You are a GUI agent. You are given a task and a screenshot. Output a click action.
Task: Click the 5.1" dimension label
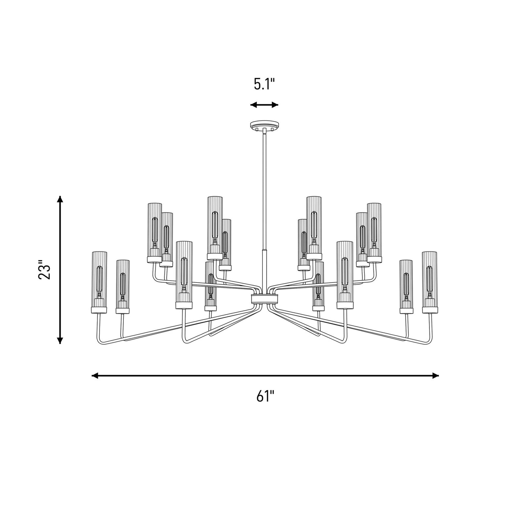point(264,84)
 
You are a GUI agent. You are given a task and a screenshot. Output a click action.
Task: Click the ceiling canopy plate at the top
point(264,125)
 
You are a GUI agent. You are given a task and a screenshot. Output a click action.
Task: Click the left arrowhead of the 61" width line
point(95,376)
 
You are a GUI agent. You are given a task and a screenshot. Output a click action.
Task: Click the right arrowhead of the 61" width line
point(435,376)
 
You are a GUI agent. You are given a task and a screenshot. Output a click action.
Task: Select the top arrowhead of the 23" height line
point(60,199)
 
